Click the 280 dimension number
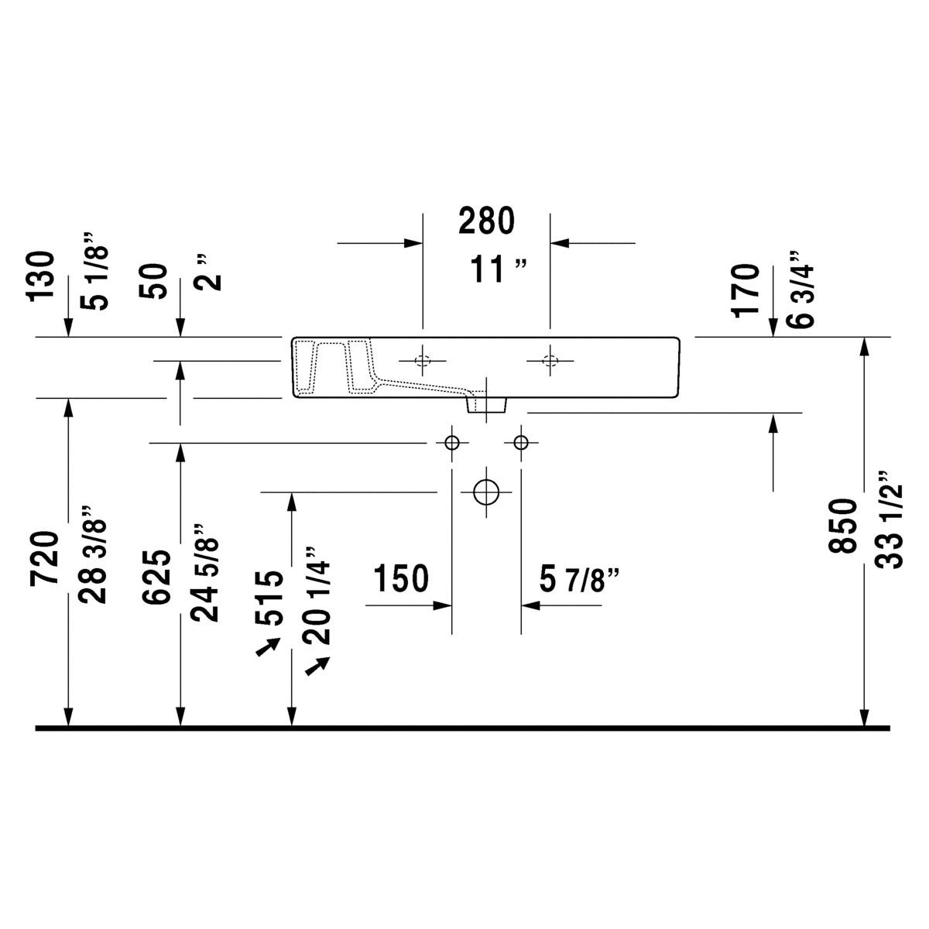click(486, 221)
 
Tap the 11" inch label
click(498, 269)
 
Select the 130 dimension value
click(42, 276)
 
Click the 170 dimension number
click(746, 290)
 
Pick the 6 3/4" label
click(800, 290)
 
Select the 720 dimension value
click(44, 558)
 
